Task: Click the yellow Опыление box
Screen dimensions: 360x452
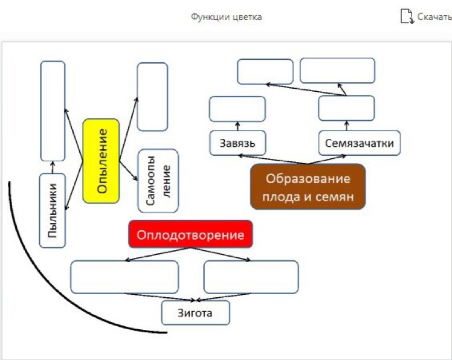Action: [x=101, y=161]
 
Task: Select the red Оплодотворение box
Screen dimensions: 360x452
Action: [x=190, y=234]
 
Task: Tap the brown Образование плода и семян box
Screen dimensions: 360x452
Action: [x=308, y=187]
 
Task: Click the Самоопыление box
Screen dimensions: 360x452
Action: [x=158, y=181]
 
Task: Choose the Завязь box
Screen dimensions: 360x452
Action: [x=237, y=143]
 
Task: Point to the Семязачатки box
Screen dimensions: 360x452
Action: [x=360, y=143]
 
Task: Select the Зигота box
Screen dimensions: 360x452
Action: [x=195, y=313]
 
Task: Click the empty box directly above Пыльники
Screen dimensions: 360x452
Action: [x=53, y=111]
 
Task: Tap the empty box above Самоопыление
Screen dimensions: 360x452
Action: [x=152, y=97]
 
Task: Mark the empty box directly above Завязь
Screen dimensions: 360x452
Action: [x=237, y=109]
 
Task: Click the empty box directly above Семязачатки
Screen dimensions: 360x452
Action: [x=346, y=108]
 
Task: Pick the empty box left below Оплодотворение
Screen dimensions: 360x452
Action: [x=124, y=277]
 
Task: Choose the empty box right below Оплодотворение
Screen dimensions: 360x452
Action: [x=251, y=277]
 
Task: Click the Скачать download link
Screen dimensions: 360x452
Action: [x=434, y=17]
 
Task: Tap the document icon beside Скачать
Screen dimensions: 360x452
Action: [x=407, y=16]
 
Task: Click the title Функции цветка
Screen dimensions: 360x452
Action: [x=226, y=17]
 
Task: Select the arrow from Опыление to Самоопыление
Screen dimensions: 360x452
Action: [x=129, y=170]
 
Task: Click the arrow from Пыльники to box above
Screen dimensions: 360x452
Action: [x=53, y=167]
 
